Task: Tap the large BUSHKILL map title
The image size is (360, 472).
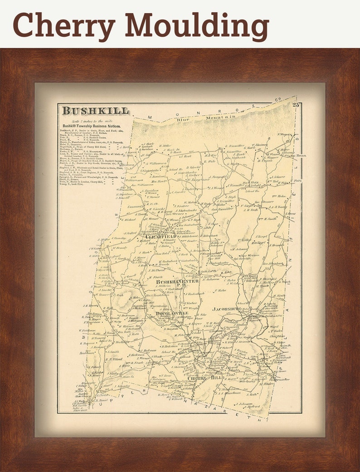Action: pos(96,111)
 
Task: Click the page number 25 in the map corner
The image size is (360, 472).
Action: pos(296,105)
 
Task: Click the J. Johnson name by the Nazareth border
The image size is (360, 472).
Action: pos(244,403)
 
